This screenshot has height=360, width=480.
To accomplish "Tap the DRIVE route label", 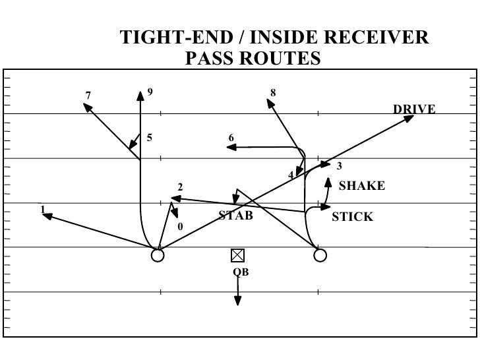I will (x=414, y=109).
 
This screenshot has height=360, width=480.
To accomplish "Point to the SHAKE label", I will (x=361, y=187).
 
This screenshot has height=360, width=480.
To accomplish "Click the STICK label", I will (x=352, y=216).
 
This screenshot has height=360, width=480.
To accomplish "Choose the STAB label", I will (x=235, y=215).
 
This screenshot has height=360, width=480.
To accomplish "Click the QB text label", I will (x=241, y=272).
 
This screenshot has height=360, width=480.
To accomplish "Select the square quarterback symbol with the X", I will (x=237, y=255).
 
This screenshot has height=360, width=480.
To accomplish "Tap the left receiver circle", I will (x=157, y=255).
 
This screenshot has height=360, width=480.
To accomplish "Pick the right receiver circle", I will (x=320, y=255).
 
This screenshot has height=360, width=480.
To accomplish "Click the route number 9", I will (x=150, y=92).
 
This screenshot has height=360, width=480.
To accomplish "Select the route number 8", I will (x=273, y=92).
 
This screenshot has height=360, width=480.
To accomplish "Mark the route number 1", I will (x=43, y=209).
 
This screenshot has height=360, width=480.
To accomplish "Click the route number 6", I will (x=231, y=137).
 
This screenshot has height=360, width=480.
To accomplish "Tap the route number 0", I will (x=179, y=227).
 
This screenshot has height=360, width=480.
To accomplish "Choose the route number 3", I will (x=340, y=165).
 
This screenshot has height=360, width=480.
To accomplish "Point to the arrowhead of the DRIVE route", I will (x=409, y=119).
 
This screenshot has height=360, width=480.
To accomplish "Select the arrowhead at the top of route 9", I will (x=140, y=95).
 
